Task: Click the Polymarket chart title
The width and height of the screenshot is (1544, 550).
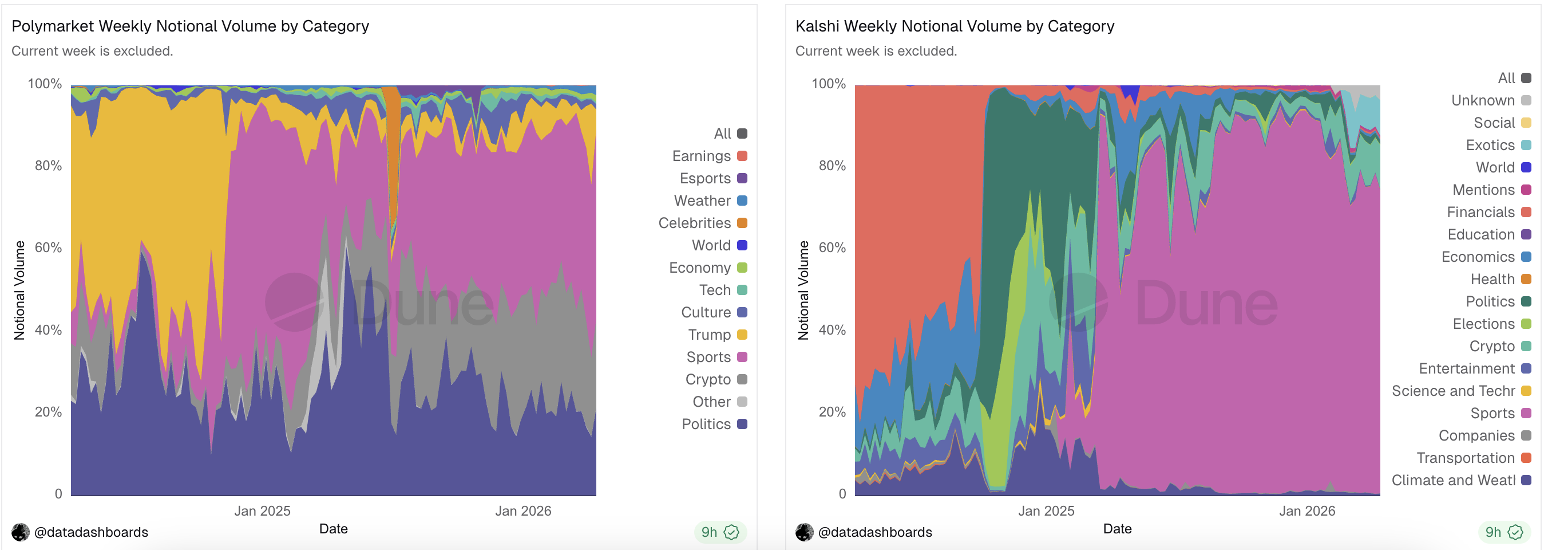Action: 190,26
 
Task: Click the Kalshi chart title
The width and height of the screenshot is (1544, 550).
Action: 954,26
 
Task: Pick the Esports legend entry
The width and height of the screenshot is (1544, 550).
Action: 712,178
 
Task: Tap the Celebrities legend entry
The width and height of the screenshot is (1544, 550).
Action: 702,223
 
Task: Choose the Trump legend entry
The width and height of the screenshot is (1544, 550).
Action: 717,335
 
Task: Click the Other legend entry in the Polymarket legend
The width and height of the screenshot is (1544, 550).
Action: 719,402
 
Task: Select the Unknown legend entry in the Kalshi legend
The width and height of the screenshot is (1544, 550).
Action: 1490,100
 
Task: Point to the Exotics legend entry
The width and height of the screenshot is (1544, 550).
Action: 1497,145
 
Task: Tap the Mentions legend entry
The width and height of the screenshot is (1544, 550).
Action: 1491,190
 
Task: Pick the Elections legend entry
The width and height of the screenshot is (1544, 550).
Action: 1491,324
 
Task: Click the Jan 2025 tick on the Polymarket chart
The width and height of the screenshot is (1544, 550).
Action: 262,511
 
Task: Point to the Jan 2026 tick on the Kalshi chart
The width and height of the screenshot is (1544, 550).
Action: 1307,511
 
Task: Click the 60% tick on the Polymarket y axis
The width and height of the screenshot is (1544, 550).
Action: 48,247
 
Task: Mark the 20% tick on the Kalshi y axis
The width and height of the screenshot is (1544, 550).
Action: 832,412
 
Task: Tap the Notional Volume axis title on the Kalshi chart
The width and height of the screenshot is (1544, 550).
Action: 803,290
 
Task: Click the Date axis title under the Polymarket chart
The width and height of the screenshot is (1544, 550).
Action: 333,528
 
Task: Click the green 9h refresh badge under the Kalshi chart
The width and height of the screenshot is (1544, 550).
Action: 1504,532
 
